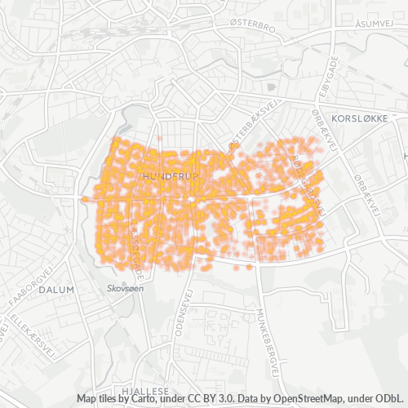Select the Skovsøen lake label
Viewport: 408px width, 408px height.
125,289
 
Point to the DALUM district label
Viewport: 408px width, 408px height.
57,289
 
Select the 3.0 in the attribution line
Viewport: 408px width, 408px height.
214,398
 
